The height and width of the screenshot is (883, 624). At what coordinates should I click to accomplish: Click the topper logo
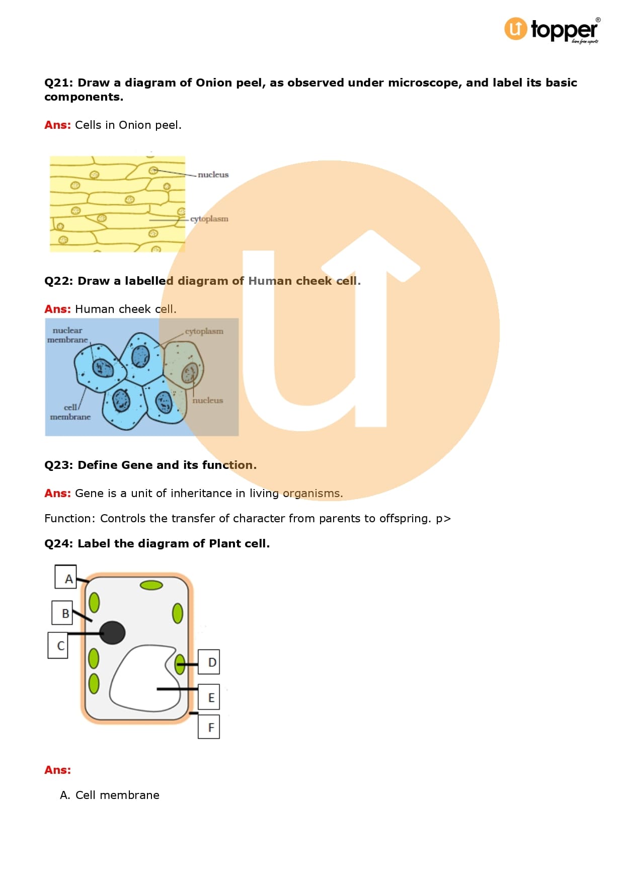pos(552,30)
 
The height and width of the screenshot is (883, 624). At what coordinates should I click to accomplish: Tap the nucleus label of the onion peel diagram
pos(213,175)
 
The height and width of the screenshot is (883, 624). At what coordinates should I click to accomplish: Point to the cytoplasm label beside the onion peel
pos(209,219)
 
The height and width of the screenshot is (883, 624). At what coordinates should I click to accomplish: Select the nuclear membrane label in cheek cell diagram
pos(67,335)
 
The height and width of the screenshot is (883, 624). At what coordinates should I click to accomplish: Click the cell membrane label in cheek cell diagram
pos(70,412)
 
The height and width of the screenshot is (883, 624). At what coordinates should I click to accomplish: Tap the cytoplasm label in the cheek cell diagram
pos(204,331)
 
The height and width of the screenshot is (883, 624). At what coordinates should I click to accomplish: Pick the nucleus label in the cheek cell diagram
pos(207,400)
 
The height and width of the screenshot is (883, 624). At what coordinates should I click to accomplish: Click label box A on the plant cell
pos(65,577)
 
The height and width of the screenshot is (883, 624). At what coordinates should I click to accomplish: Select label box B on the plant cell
pos(62,612)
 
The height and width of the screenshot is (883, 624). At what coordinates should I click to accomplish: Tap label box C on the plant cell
pos(58,645)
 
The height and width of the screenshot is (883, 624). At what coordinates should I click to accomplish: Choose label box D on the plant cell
pos(209,662)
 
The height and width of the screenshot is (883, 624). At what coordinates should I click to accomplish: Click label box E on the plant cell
pos(209,697)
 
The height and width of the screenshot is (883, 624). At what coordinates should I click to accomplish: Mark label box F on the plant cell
pos(209,727)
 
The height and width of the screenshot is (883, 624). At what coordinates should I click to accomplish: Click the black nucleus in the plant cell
pos(112,632)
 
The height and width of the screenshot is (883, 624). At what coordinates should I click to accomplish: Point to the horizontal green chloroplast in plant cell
pos(151,585)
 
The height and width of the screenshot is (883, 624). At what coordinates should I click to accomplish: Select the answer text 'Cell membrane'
pos(117,795)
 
